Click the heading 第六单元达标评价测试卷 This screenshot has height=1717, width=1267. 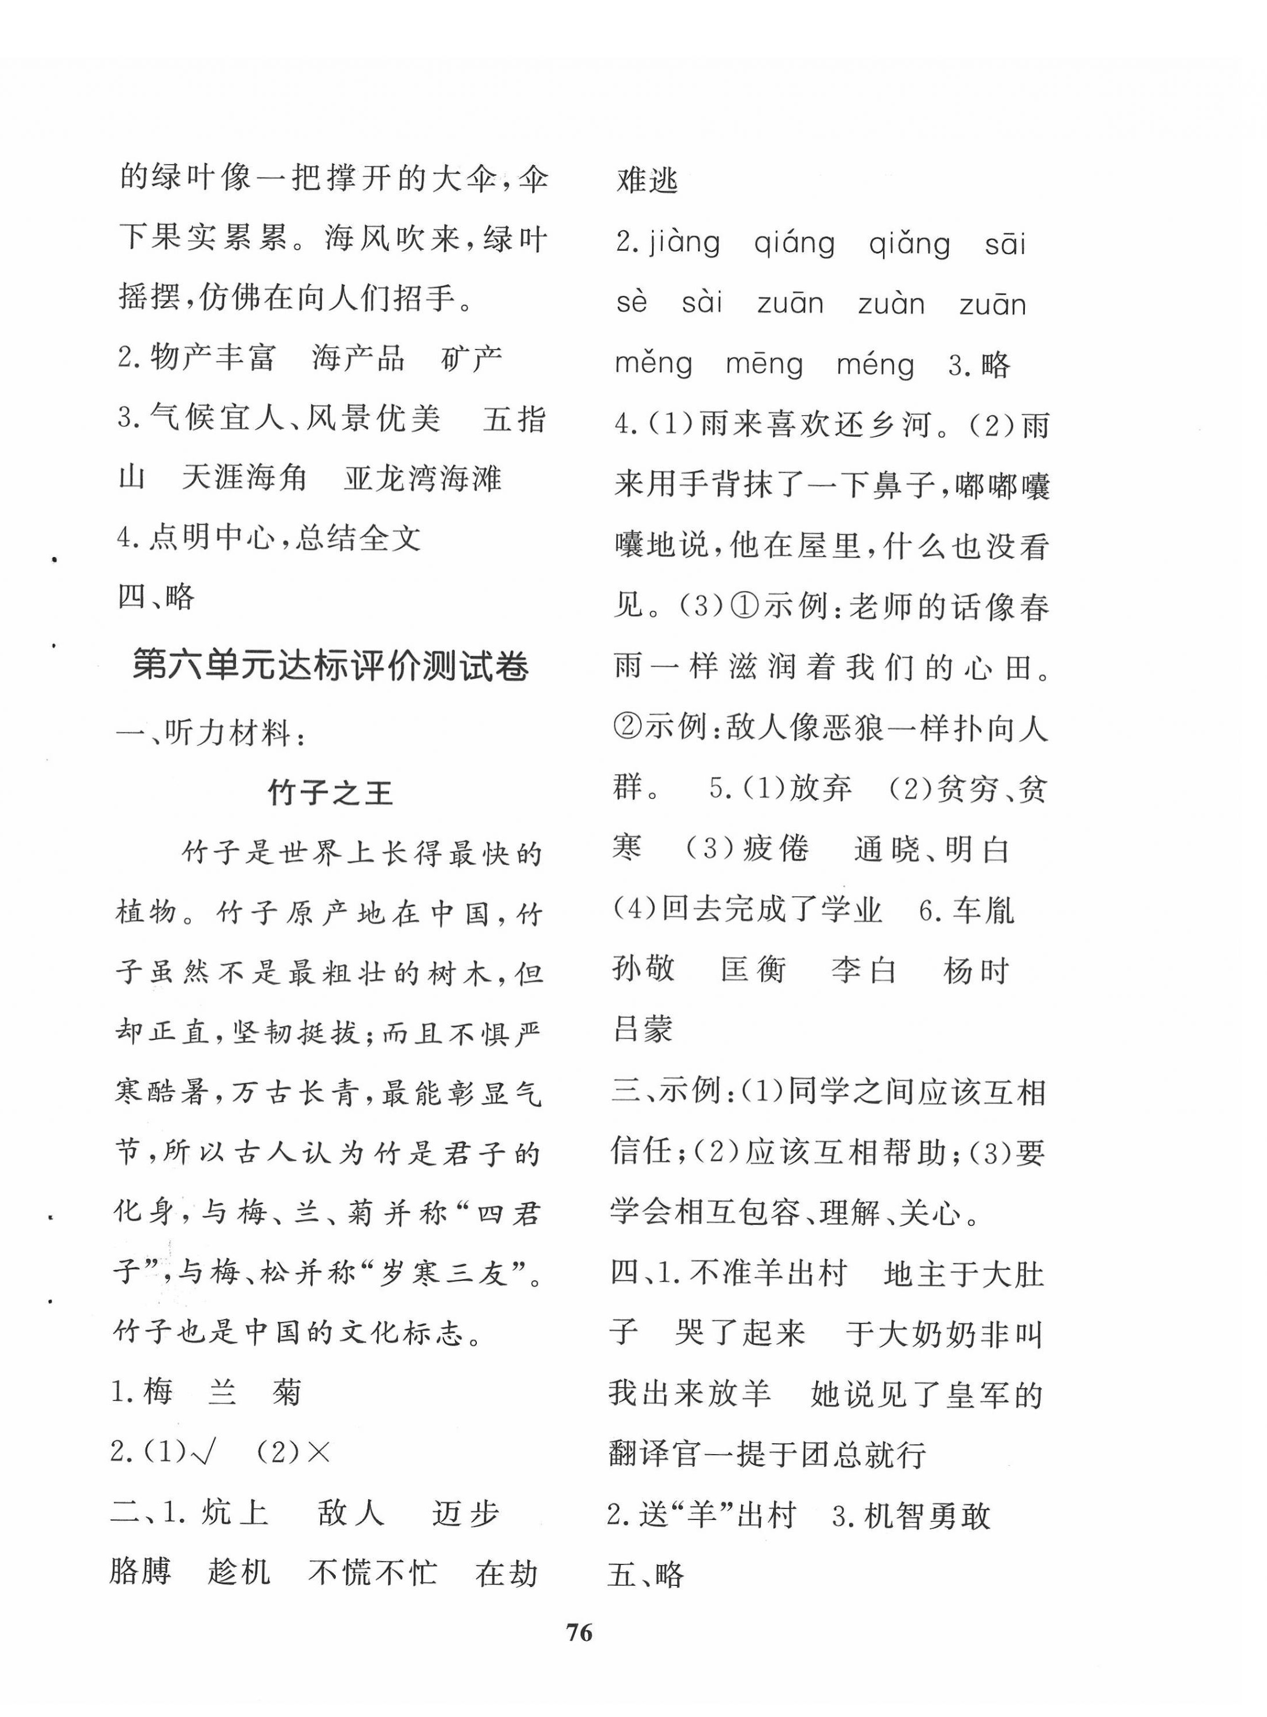[x=331, y=666]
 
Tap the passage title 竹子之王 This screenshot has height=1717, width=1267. [x=331, y=792]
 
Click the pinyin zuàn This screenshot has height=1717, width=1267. [x=891, y=304]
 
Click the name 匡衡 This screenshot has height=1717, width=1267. [x=753, y=971]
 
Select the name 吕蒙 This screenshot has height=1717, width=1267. [x=643, y=1030]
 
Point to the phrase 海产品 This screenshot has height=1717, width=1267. [x=358, y=359]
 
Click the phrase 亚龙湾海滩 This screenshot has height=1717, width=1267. [x=423, y=478]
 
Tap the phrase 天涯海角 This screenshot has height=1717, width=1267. [x=244, y=478]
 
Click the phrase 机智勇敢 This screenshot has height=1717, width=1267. [x=928, y=1515]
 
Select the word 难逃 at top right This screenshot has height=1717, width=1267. [x=648, y=181]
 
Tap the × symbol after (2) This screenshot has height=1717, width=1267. [x=317, y=1452]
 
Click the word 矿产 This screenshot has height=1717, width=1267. [x=472, y=359]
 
